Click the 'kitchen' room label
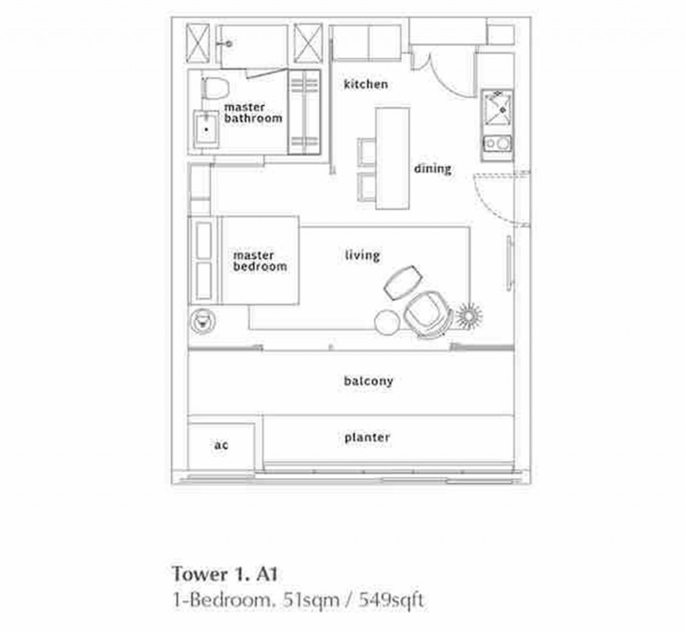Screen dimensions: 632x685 click(365, 84)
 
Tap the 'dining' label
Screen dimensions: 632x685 click(432, 169)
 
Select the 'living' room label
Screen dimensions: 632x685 click(362, 255)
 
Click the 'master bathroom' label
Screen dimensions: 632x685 click(253, 112)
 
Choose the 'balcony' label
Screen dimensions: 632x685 click(368, 381)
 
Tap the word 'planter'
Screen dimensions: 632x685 click(367, 438)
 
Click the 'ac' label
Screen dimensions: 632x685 click(221, 445)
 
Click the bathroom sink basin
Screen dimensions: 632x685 click(206, 129)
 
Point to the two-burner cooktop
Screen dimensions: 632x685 click(496, 143)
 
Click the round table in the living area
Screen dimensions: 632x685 click(386, 323)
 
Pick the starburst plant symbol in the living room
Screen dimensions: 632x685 click(468, 315)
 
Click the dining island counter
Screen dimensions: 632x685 click(392, 158)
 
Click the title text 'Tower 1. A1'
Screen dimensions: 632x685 click(225, 574)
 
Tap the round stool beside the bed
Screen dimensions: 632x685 click(201, 321)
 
